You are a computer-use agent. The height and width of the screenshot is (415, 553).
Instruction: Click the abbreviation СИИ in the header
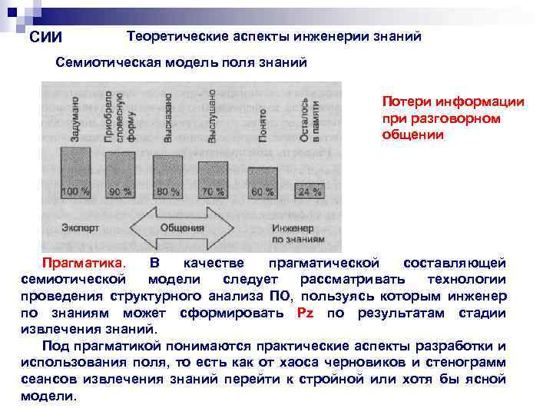[x=45, y=38]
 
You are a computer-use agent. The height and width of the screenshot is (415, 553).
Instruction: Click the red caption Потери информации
[x=453, y=102]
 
